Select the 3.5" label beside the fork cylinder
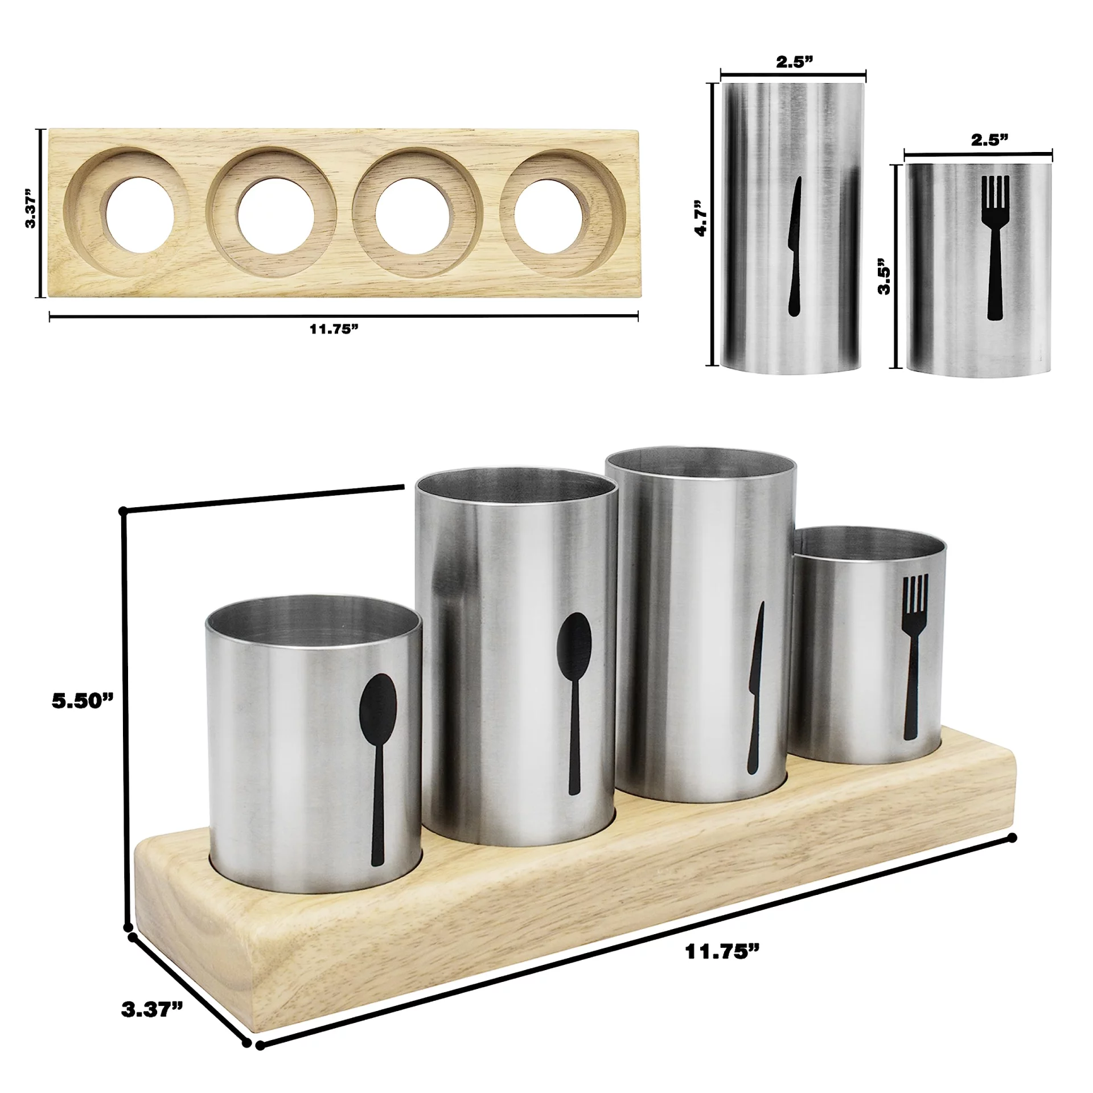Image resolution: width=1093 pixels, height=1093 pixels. tap(884, 276)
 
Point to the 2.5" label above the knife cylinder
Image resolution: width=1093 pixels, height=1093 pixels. tap(794, 62)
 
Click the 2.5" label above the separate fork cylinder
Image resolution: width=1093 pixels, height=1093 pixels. tap(989, 141)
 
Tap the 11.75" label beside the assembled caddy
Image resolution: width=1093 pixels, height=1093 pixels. tap(722, 951)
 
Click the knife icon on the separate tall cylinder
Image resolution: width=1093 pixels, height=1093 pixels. tap(794, 246)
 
